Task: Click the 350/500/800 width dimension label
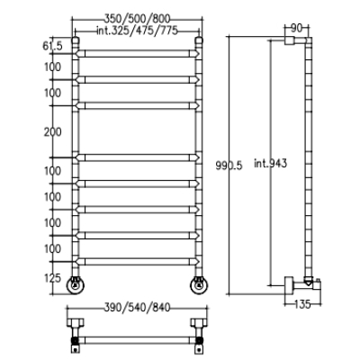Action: pyautogui.click(x=137, y=19)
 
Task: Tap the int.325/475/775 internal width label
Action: pyautogui.click(x=137, y=31)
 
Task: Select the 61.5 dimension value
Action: pyautogui.click(x=52, y=46)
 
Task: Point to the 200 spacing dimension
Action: pyautogui.click(x=52, y=131)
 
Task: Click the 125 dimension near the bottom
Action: pyautogui.click(x=52, y=278)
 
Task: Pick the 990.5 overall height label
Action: pyautogui.click(x=229, y=166)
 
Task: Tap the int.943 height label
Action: pyautogui.click(x=271, y=163)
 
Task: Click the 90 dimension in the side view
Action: pyautogui.click(x=296, y=28)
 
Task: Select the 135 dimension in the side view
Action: pyautogui.click(x=302, y=304)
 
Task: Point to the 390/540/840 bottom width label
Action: pyautogui.click(x=137, y=307)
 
